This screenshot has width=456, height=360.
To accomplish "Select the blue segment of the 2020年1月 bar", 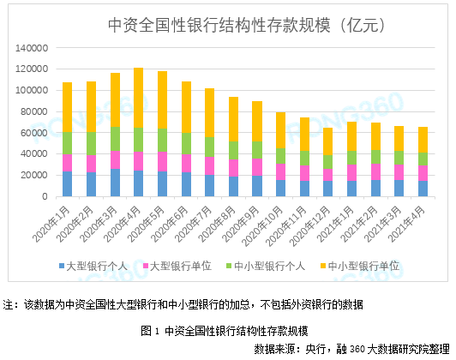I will tap(67, 183).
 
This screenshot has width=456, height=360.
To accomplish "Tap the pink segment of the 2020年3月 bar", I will tap(115, 160).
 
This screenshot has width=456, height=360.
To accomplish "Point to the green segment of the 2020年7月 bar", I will tap(209, 147).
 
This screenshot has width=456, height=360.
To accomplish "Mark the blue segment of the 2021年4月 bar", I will tap(422, 189).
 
